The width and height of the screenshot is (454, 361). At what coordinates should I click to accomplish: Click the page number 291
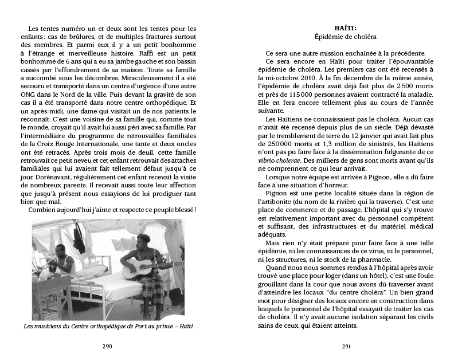[346, 346]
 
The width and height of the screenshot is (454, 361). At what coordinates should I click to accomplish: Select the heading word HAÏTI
[346, 28]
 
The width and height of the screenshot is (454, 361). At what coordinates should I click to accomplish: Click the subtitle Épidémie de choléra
[346, 37]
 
